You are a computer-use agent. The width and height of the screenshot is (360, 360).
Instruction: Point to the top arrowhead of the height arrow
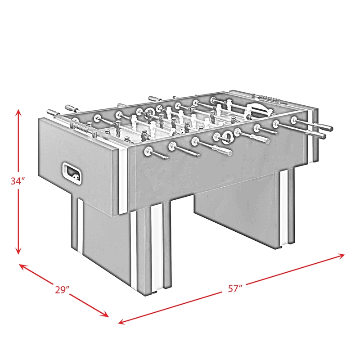(18, 111)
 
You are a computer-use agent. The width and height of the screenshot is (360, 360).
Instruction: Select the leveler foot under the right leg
(282, 246)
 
